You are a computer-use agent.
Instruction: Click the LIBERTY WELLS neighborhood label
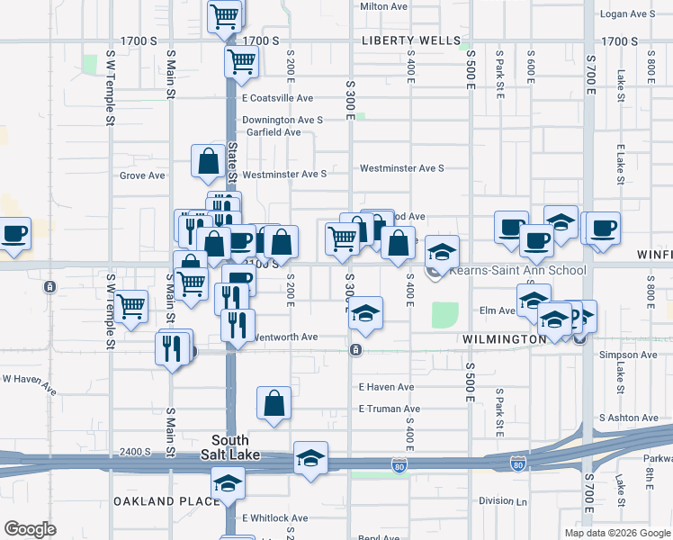(x=409, y=41)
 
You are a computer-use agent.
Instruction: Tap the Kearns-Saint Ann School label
(x=517, y=270)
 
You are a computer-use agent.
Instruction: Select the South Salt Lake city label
(x=229, y=447)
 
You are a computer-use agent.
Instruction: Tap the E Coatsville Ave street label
(x=276, y=98)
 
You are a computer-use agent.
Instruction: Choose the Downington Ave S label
(x=282, y=120)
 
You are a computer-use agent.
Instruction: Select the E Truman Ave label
(x=389, y=409)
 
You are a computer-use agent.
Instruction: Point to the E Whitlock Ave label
(x=274, y=518)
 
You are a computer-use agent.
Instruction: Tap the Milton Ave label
(x=384, y=6)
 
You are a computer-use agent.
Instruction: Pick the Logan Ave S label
(x=626, y=14)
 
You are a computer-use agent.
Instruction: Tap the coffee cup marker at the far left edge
(x=13, y=235)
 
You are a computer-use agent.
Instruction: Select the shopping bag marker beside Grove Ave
(x=208, y=163)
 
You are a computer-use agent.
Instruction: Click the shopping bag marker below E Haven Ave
(x=274, y=405)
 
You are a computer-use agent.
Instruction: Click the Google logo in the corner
(x=30, y=529)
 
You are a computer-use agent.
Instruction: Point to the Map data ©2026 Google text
(x=617, y=533)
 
